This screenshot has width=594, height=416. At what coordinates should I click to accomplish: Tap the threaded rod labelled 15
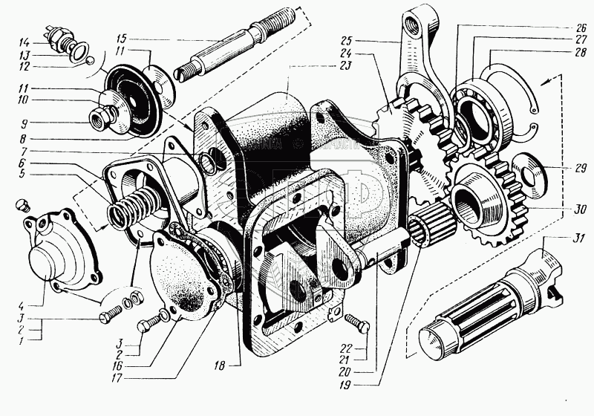[x=223, y=52]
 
